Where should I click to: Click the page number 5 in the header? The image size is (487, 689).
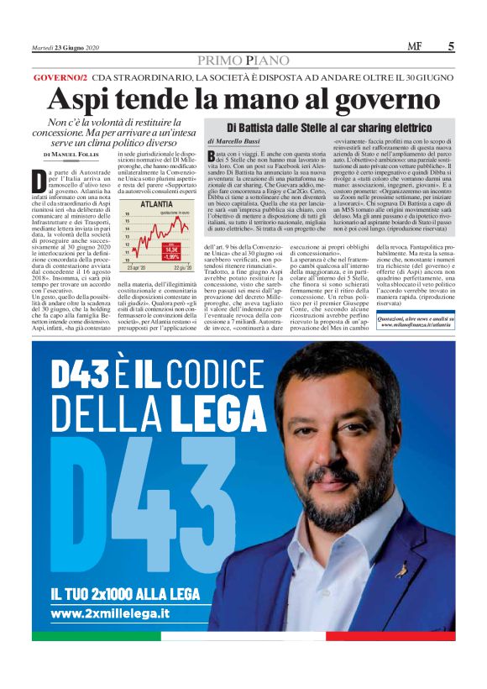(x=451, y=47)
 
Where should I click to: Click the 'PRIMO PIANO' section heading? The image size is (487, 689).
(x=243, y=60)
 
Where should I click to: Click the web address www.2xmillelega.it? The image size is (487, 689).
(x=111, y=614)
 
